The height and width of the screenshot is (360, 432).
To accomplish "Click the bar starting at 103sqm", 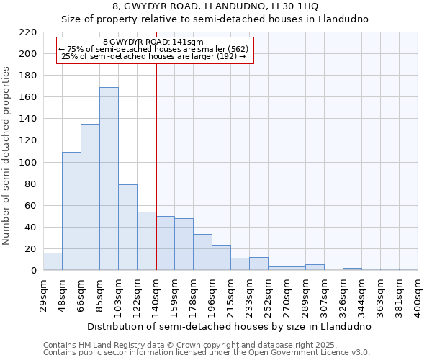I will (x=127, y=228).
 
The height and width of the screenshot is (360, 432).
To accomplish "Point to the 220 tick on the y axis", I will (x=28, y=32).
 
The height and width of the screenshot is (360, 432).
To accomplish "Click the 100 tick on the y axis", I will (x=28, y=162).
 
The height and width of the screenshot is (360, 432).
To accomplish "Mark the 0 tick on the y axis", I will (x=34, y=271).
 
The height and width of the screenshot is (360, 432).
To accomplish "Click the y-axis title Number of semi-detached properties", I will (x=7, y=156).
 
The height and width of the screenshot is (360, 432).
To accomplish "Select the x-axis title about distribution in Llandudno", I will (x=230, y=326).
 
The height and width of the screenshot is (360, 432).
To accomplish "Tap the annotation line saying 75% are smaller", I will (x=153, y=49).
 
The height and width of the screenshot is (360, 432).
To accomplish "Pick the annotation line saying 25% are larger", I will (x=153, y=56).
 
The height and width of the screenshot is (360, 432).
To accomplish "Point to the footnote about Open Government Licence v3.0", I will (x=207, y=353).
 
